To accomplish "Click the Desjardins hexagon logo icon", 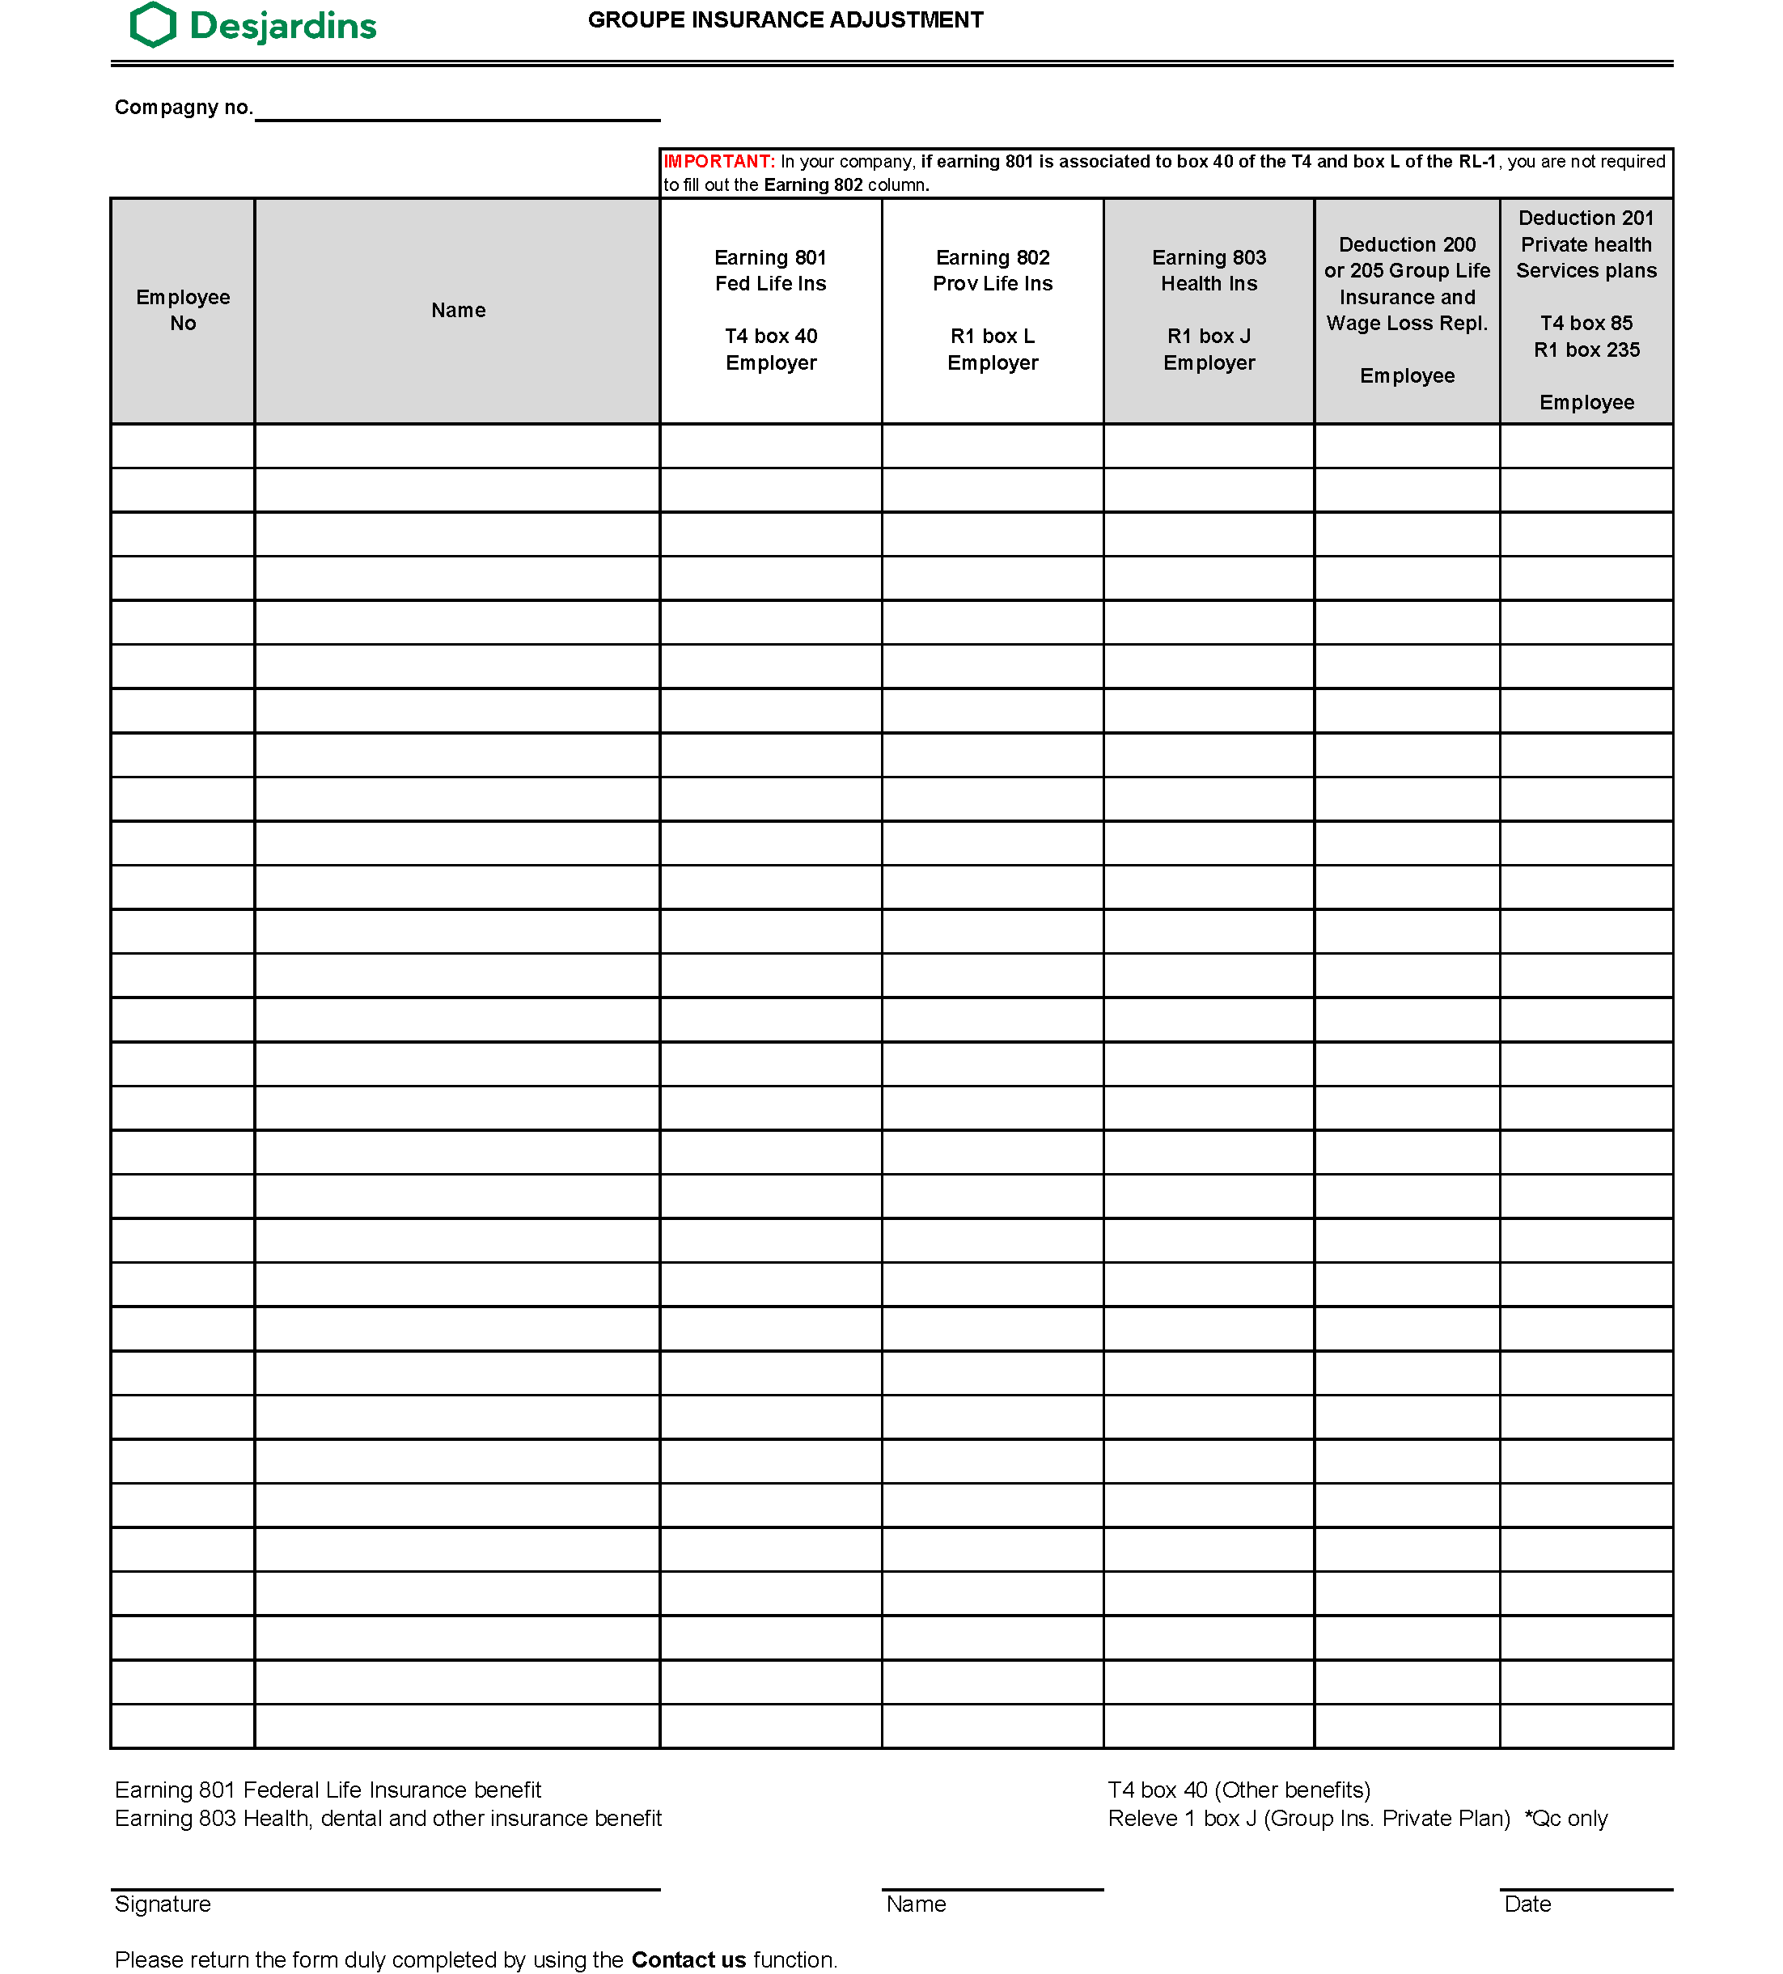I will click(154, 24).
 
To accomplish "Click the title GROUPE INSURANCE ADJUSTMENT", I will click(786, 20).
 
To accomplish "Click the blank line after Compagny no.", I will click(456, 110).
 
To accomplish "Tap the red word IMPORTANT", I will click(718, 162).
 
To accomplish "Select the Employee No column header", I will click(183, 311).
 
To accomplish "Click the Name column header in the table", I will click(457, 311).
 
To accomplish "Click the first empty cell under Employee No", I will click(183, 446).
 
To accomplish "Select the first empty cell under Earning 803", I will click(1209, 446).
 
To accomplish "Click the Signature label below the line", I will click(163, 1904).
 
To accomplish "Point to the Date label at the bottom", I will click(1527, 1904).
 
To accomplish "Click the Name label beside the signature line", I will click(916, 1904).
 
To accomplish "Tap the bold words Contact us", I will click(688, 1959).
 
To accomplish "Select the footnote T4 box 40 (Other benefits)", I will click(1239, 1790).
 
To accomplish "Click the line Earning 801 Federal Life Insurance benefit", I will click(328, 1790).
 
